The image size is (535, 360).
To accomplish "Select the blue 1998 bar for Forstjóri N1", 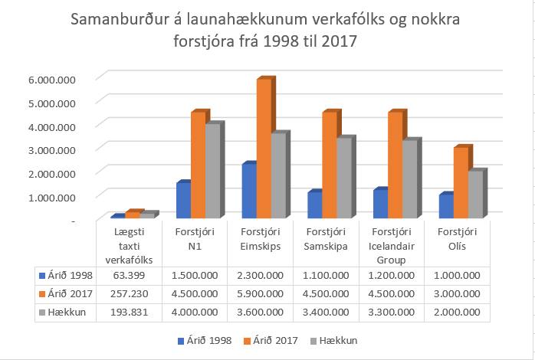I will pyautogui.click(x=183, y=201).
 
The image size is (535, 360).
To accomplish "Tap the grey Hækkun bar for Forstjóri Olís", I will pyautogui.click(x=475, y=195).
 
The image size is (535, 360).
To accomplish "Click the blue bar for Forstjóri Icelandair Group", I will pyautogui.click(x=379, y=205).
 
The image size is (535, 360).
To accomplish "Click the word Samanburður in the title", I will pyautogui.click(x=123, y=19).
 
